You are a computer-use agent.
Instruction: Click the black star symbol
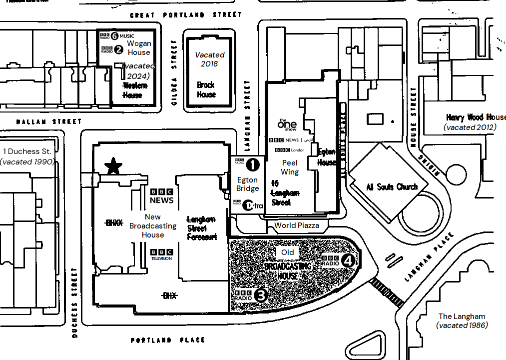[114, 165]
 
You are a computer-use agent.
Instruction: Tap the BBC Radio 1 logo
[247, 163]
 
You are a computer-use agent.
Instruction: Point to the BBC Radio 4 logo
[339, 260]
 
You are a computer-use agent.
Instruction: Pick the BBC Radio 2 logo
[112, 49]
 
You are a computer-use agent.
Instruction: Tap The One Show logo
[287, 123]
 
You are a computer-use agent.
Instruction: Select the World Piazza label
[297, 225]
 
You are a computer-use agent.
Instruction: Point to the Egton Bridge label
[248, 184]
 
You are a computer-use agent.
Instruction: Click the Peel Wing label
[290, 167]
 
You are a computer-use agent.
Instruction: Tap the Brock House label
[206, 89]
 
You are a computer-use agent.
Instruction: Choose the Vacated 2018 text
[210, 59]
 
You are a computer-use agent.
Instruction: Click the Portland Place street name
[168, 340]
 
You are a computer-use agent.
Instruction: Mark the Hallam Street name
[48, 121]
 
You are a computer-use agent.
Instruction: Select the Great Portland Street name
[185, 15]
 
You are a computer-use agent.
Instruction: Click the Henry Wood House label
[476, 117]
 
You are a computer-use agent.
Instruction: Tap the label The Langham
[462, 316]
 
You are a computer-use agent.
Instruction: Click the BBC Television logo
[162, 254]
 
